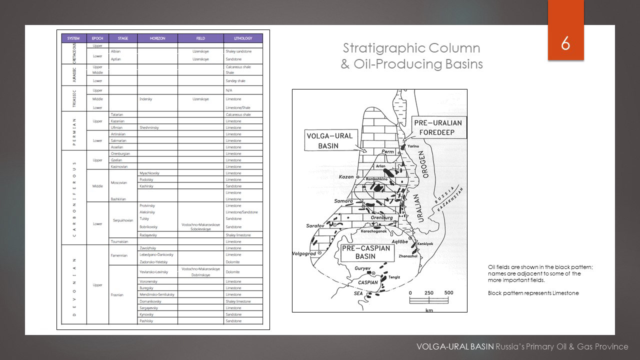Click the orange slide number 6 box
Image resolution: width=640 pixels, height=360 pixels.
pyautogui.click(x=565, y=43)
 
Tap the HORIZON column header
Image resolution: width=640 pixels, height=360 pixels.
pyautogui.click(x=157, y=38)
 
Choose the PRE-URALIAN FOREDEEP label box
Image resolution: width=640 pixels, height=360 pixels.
pyautogui.click(x=438, y=128)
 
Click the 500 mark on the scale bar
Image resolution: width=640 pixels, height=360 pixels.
pyautogui.click(x=448, y=293)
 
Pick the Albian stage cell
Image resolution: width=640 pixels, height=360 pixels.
pyautogui.click(x=116, y=51)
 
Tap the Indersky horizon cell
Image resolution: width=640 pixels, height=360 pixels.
pyautogui.click(x=146, y=99)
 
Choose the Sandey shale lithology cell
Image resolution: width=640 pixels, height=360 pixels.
pyautogui.click(x=235, y=80)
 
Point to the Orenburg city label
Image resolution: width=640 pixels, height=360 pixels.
pyautogui.click(x=381, y=217)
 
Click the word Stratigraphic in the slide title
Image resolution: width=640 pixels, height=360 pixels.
pyautogui.click(x=377, y=48)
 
